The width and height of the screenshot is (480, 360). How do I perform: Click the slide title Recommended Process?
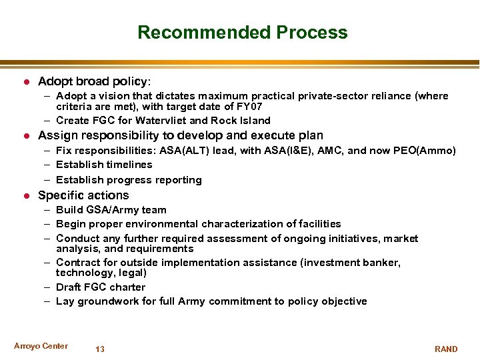coord(242,33)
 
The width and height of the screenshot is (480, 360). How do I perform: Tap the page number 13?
coord(100,349)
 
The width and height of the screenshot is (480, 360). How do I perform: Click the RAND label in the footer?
coord(446,349)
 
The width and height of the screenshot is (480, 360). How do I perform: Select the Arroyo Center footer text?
coord(41,345)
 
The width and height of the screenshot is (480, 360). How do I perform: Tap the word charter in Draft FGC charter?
coord(129,287)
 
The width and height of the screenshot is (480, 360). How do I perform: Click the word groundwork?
coord(107,301)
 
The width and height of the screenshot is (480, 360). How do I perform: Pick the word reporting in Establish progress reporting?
coord(179,180)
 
